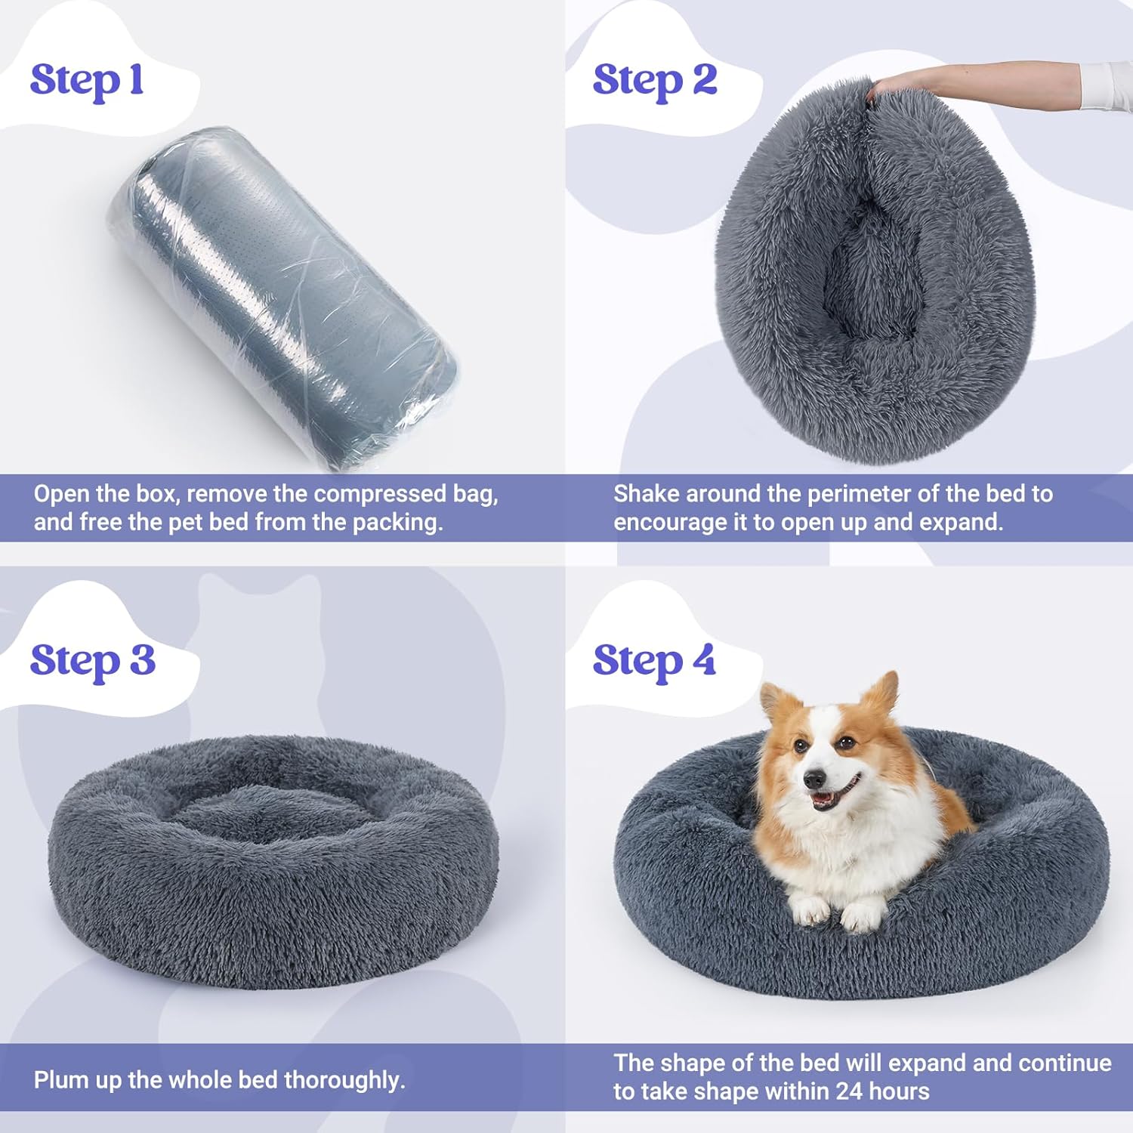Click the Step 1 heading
(x=87, y=81)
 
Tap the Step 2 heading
(x=654, y=81)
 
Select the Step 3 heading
(x=92, y=661)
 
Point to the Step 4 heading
(x=654, y=661)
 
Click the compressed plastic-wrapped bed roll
(x=283, y=298)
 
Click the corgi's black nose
(x=814, y=779)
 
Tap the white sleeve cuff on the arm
(x=1106, y=85)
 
